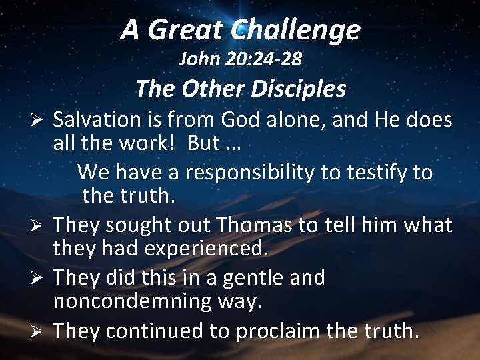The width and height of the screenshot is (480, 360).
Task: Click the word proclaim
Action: [x=263, y=330]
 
